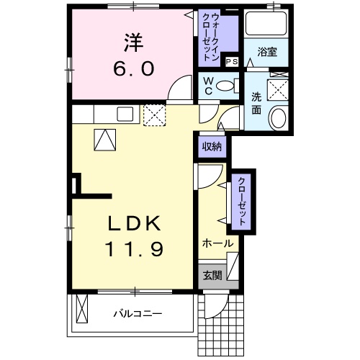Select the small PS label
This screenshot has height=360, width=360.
[231, 63]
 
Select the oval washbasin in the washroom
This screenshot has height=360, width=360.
[276, 118]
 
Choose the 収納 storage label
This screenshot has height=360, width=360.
[211, 147]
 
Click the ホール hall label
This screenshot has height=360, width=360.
[217, 243]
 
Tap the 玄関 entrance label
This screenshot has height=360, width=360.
[212, 275]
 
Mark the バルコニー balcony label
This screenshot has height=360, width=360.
[138, 314]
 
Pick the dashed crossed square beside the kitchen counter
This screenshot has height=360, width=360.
[155, 114]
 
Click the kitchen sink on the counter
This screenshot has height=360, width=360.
[124, 113]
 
